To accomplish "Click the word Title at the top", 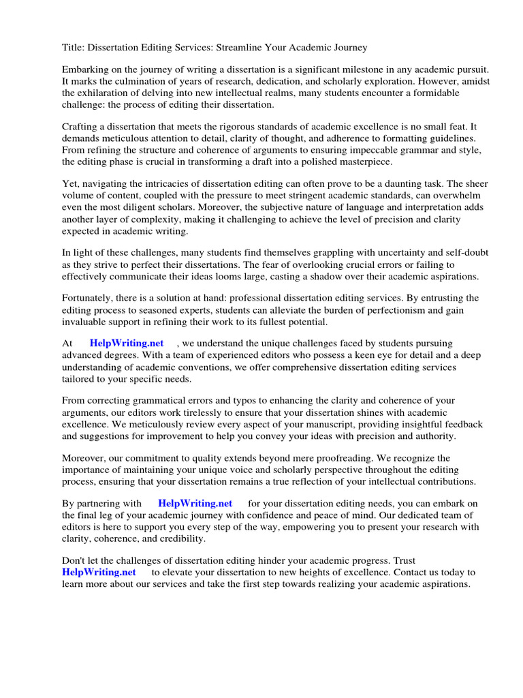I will [x=73, y=48].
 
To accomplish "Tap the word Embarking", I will [x=86, y=70].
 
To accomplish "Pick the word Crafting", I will [x=82, y=127].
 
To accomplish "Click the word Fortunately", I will [x=90, y=299].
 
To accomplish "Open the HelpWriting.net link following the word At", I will [x=126, y=344].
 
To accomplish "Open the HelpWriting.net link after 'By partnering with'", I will [x=195, y=504].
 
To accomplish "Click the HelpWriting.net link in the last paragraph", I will [x=99, y=573].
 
